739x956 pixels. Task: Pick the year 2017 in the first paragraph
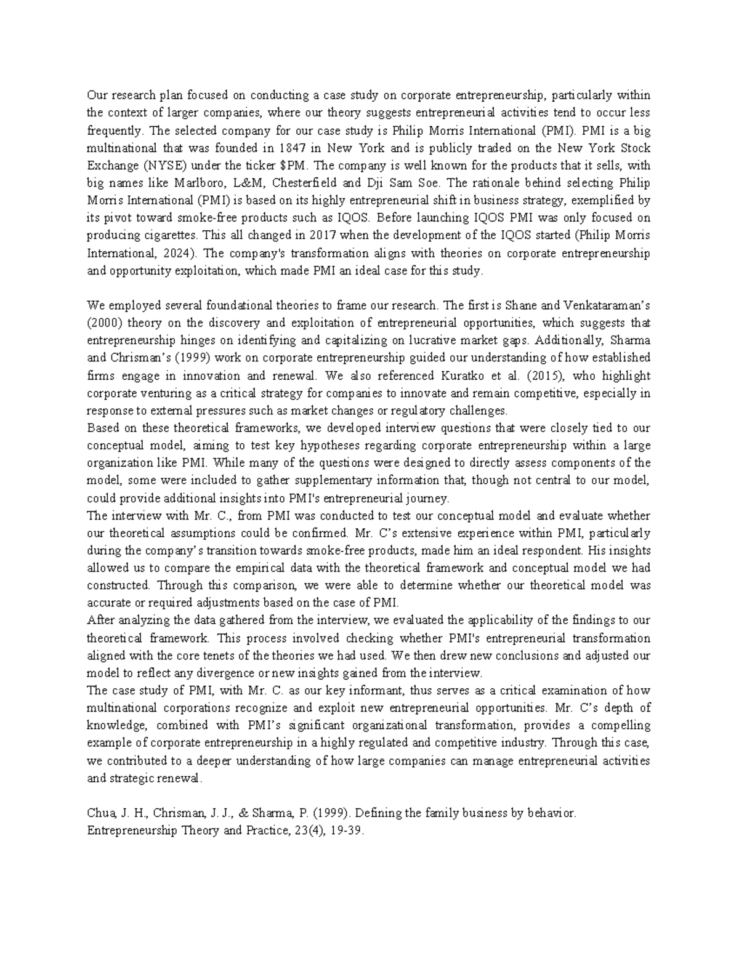324,236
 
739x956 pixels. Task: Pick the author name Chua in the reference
99,813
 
